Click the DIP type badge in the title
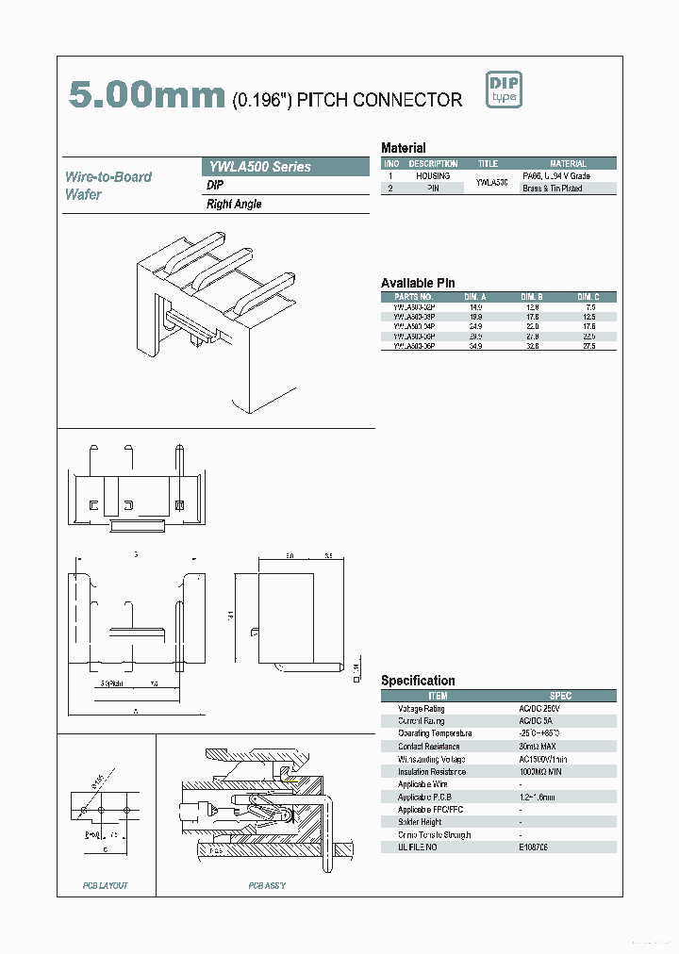pyautogui.click(x=504, y=90)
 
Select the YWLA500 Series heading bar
pyautogui.click(x=286, y=167)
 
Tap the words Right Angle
pyautogui.click(x=234, y=205)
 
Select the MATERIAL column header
pyautogui.click(x=568, y=164)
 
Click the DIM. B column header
pyautogui.click(x=533, y=297)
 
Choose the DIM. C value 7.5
pyautogui.click(x=590, y=307)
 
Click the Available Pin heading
pyautogui.click(x=418, y=283)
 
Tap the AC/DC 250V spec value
pyautogui.click(x=539, y=709)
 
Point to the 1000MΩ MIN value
pyautogui.click(x=540, y=772)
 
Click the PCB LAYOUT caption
pyautogui.click(x=105, y=886)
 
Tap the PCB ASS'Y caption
pyautogui.click(x=267, y=886)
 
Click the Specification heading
pyautogui.click(x=418, y=681)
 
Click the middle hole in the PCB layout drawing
pyautogui.click(x=106, y=810)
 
